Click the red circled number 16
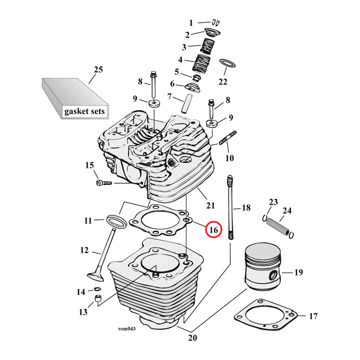pyautogui.click(x=213, y=229)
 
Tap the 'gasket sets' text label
pyautogui.click(x=84, y=111)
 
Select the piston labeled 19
pyautogui.click(x=263, y=268)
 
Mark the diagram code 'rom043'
pyautogui.click(x=127, y=328)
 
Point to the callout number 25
pyautogui.click(x=98, y=70)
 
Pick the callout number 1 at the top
pyautogui.click(x=191, y=23)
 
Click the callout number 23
pyautogui.click(x=272, y=201)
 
